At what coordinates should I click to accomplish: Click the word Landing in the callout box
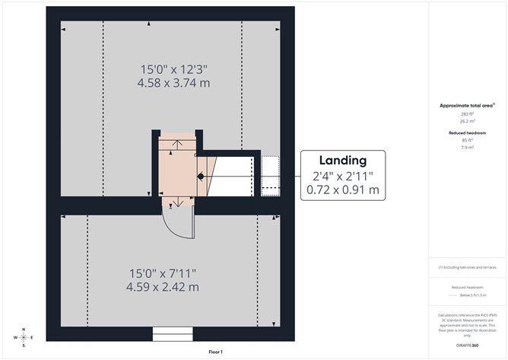[x=343, y=161]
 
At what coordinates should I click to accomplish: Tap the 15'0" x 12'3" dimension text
[x=174, y=68]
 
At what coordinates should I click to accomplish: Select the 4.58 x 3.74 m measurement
[x=174, y=82]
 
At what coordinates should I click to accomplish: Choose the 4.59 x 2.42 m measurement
[x=164, y=287]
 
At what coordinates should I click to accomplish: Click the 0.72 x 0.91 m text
[x=343, y=190]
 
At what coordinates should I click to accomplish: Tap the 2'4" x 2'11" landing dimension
[x=343, y=175]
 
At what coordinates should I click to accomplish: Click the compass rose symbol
[x=24, y=336]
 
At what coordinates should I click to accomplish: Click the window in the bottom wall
[x=173, y=333]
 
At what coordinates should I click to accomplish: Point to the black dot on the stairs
[x=201, y=176]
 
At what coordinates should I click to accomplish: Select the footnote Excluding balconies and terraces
[x=467, y=268]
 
